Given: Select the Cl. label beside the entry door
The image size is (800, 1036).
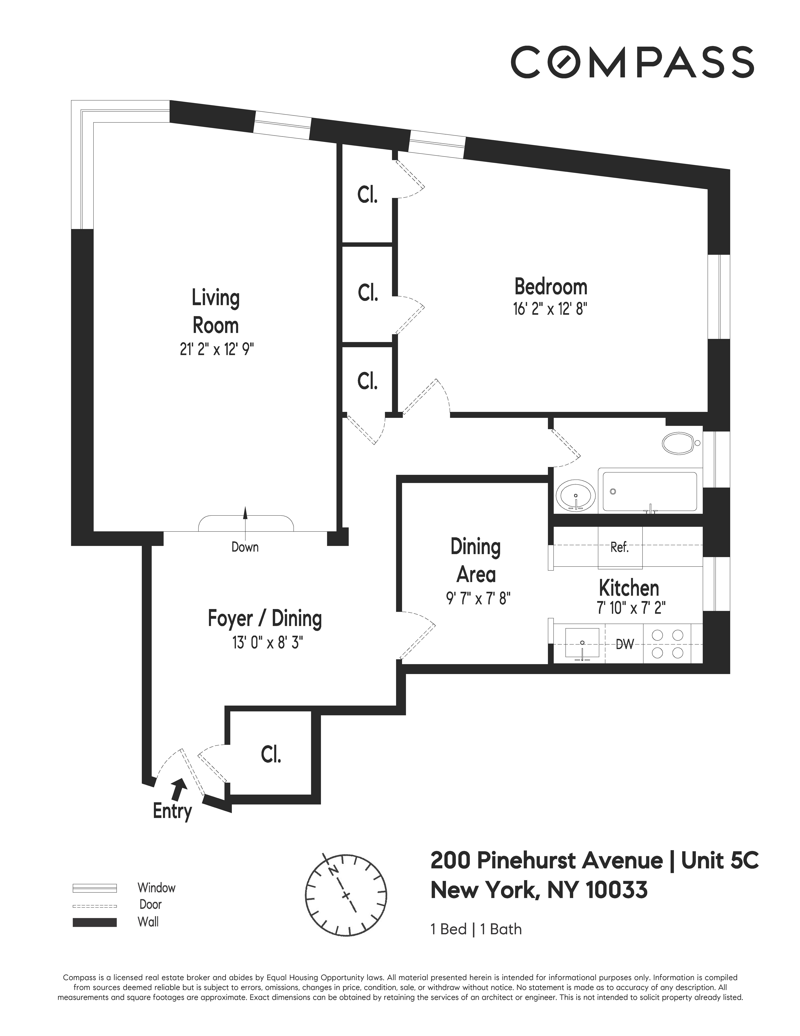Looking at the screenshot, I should coord(271,754).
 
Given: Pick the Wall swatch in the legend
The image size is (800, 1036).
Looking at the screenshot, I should coord(94,922).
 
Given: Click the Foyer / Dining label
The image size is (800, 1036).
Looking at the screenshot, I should coord(264,619).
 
